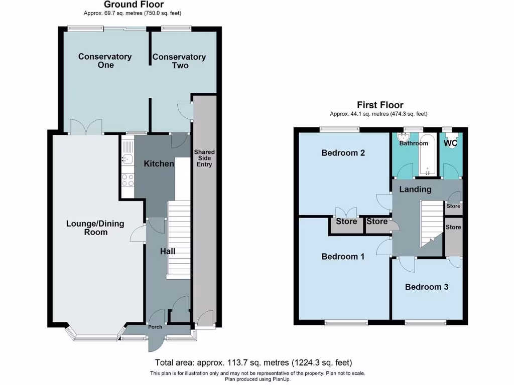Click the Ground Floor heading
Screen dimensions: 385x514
click(134, 5)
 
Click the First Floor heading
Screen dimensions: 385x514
click(379, 105)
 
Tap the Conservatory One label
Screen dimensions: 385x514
click(105, 61)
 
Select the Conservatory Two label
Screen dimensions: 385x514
click(179, 61)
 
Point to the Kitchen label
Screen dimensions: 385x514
click(159, 163)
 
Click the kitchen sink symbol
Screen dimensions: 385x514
click(126, 159)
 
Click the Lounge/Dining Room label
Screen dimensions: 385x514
click(95, 228)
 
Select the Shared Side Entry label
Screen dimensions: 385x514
click(204, 158)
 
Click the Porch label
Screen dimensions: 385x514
click(155, 327)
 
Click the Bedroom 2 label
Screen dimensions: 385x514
click(343, 153)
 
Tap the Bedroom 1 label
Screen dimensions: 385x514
click(343, 256)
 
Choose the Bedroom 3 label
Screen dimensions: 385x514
click(427, 287)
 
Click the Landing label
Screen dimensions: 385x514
click(415, 189)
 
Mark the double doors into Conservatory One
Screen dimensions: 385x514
click(86, 127)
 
